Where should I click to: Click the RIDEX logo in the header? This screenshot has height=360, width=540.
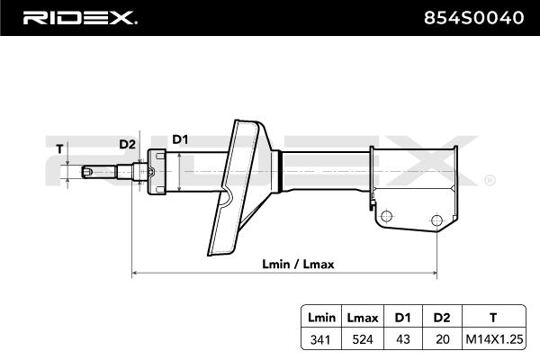pyautogui.click(x=79, y=17)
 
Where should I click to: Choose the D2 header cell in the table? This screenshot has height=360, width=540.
pyautogui.click(x=440, y=318)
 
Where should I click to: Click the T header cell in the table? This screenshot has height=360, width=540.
pyautogui.click(x=491, y=318)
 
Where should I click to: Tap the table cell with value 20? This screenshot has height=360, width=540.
pyautogui.click(x=440, y=340)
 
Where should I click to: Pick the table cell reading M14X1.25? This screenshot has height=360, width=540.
pyautogui.click(x=491, y=340)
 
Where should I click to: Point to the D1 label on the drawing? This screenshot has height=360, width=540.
pyautogui.click(x=180, y=139)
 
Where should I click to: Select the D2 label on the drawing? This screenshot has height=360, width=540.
pyautogui.click(x=127, y=144)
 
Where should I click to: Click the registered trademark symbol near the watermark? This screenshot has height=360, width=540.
pyautogui.click(x=489, y=181)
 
